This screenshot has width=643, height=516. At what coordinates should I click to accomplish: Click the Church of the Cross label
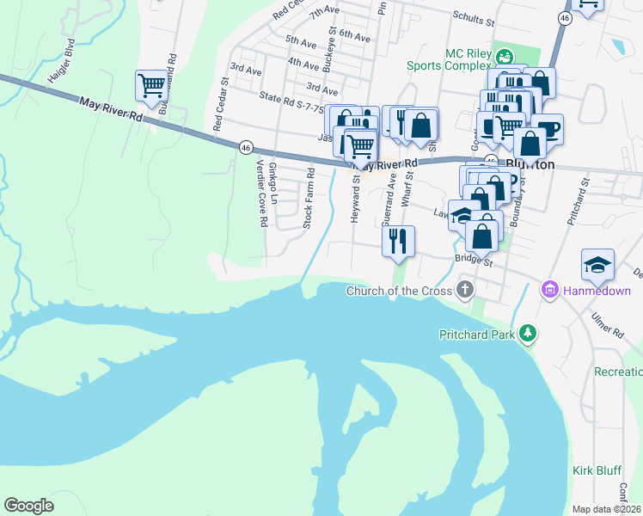398,291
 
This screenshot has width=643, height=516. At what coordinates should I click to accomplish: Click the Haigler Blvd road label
62,61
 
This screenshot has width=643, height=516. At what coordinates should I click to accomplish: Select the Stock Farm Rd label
309,199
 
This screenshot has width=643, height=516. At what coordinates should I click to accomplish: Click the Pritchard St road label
576,201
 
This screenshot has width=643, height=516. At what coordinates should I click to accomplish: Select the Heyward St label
354,198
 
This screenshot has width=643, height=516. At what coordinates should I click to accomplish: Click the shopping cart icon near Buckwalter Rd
151,85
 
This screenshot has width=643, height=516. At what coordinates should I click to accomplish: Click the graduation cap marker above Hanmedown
597,264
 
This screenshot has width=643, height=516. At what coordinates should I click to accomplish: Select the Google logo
28,506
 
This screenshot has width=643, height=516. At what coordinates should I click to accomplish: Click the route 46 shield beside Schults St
564,18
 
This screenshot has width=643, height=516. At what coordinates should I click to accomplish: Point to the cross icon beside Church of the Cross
464,290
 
